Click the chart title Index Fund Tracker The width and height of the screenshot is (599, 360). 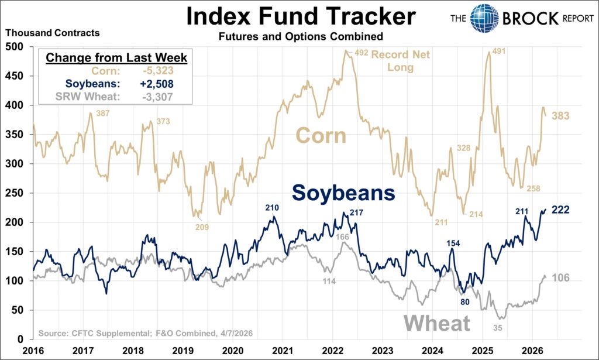tap(301, 16)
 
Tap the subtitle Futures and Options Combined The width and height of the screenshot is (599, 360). tap(301, 36)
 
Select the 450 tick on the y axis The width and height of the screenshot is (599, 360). tap(16, 76)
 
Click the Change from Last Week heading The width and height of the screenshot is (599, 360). tap(116, 59)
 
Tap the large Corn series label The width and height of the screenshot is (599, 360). tap(321, 136)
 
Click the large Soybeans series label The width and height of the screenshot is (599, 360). tap(343, 192)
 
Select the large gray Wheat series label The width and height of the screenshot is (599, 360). tap(437, 323)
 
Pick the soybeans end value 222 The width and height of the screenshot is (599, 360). tap(560, 210)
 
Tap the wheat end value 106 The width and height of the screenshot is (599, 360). tap(560, 277)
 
